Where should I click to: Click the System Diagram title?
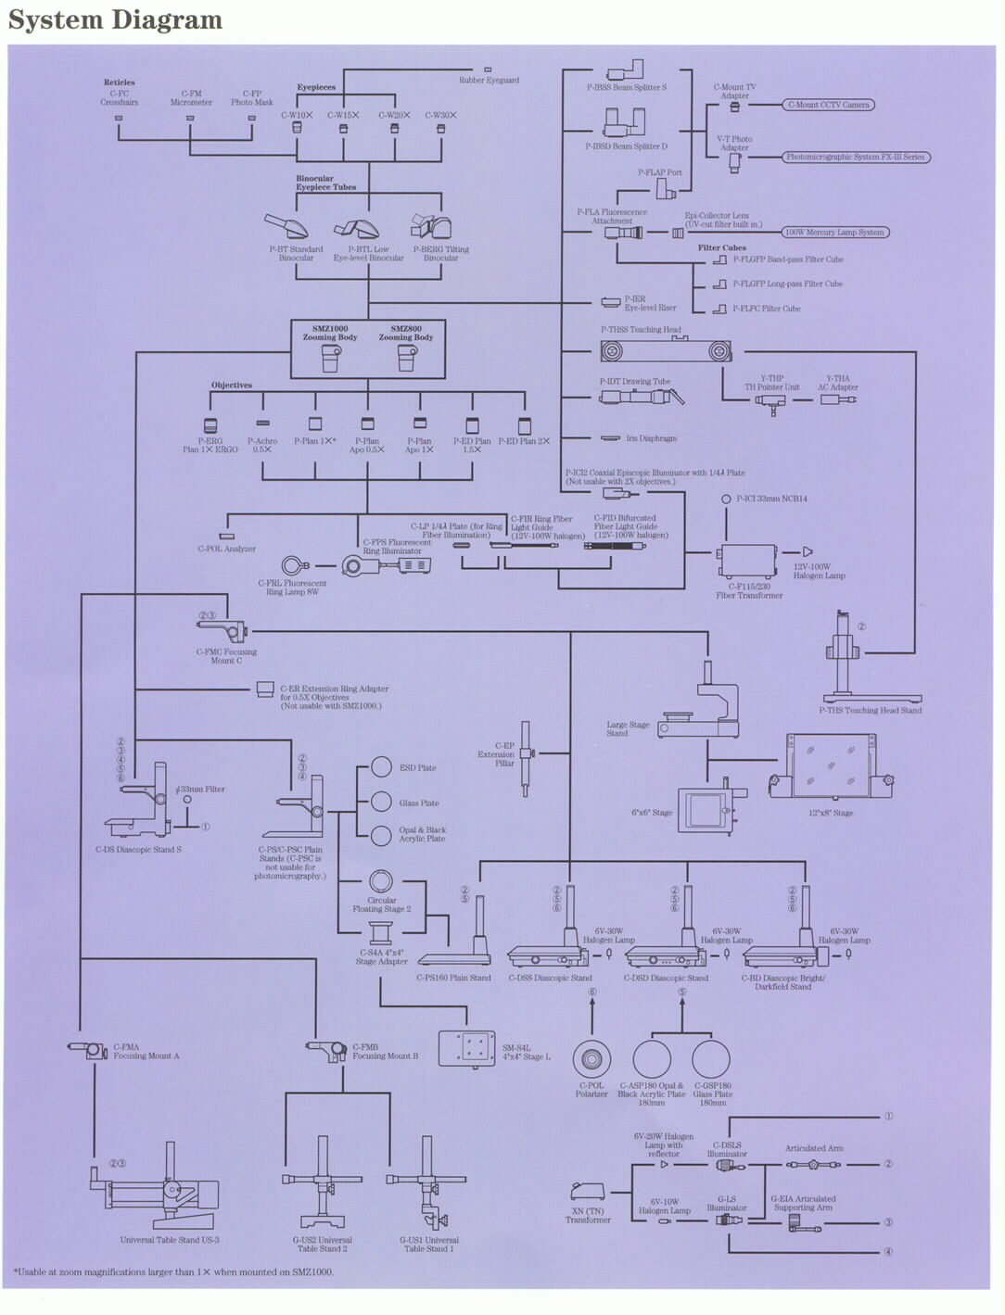tap(115, 20)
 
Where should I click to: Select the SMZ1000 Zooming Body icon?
tap(331, 358)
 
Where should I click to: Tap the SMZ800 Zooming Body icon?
tap(406, 358)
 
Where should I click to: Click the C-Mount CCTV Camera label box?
tap(829, 106)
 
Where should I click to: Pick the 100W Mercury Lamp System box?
tap(834, 233)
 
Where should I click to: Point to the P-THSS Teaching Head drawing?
tap(664, 351)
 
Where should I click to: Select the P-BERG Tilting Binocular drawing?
tap(431, 226)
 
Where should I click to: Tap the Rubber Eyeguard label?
tap(489, 80)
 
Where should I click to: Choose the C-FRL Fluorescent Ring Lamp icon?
tap(296, 564)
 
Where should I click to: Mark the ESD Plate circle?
tap(381, 767)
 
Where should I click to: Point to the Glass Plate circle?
tap(381, 802)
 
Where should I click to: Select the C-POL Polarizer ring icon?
tap(591, 1058)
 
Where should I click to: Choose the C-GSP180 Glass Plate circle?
tap(711, 1059)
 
